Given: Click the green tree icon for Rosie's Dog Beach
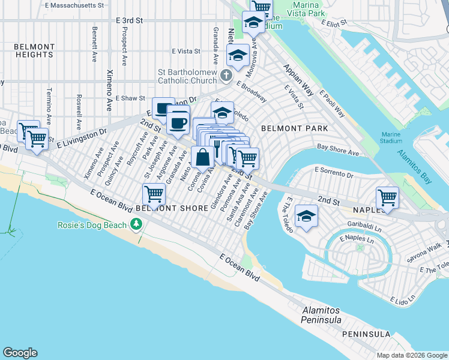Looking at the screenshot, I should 137,224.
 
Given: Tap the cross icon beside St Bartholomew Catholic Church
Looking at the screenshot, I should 226,75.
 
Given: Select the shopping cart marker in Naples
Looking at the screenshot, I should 388,197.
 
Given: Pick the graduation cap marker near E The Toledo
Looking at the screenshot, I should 307,217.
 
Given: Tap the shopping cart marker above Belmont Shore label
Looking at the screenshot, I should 154,194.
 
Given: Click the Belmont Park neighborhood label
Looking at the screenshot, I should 294,128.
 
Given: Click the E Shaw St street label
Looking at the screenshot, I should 130,98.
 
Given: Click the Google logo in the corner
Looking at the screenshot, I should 20,353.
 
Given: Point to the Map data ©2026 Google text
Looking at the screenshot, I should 411,355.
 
